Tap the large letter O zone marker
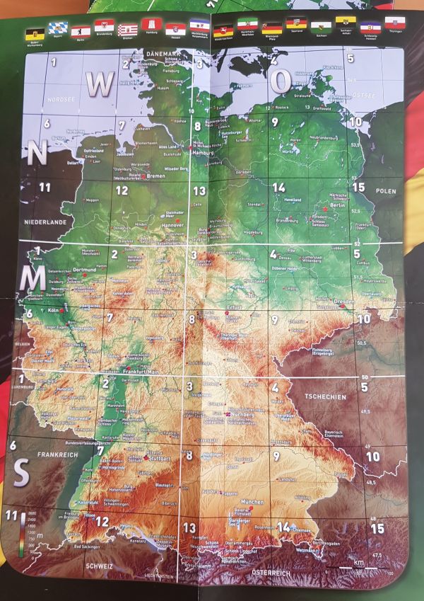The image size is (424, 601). pos(281,82)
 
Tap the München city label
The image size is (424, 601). pos(252,501)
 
